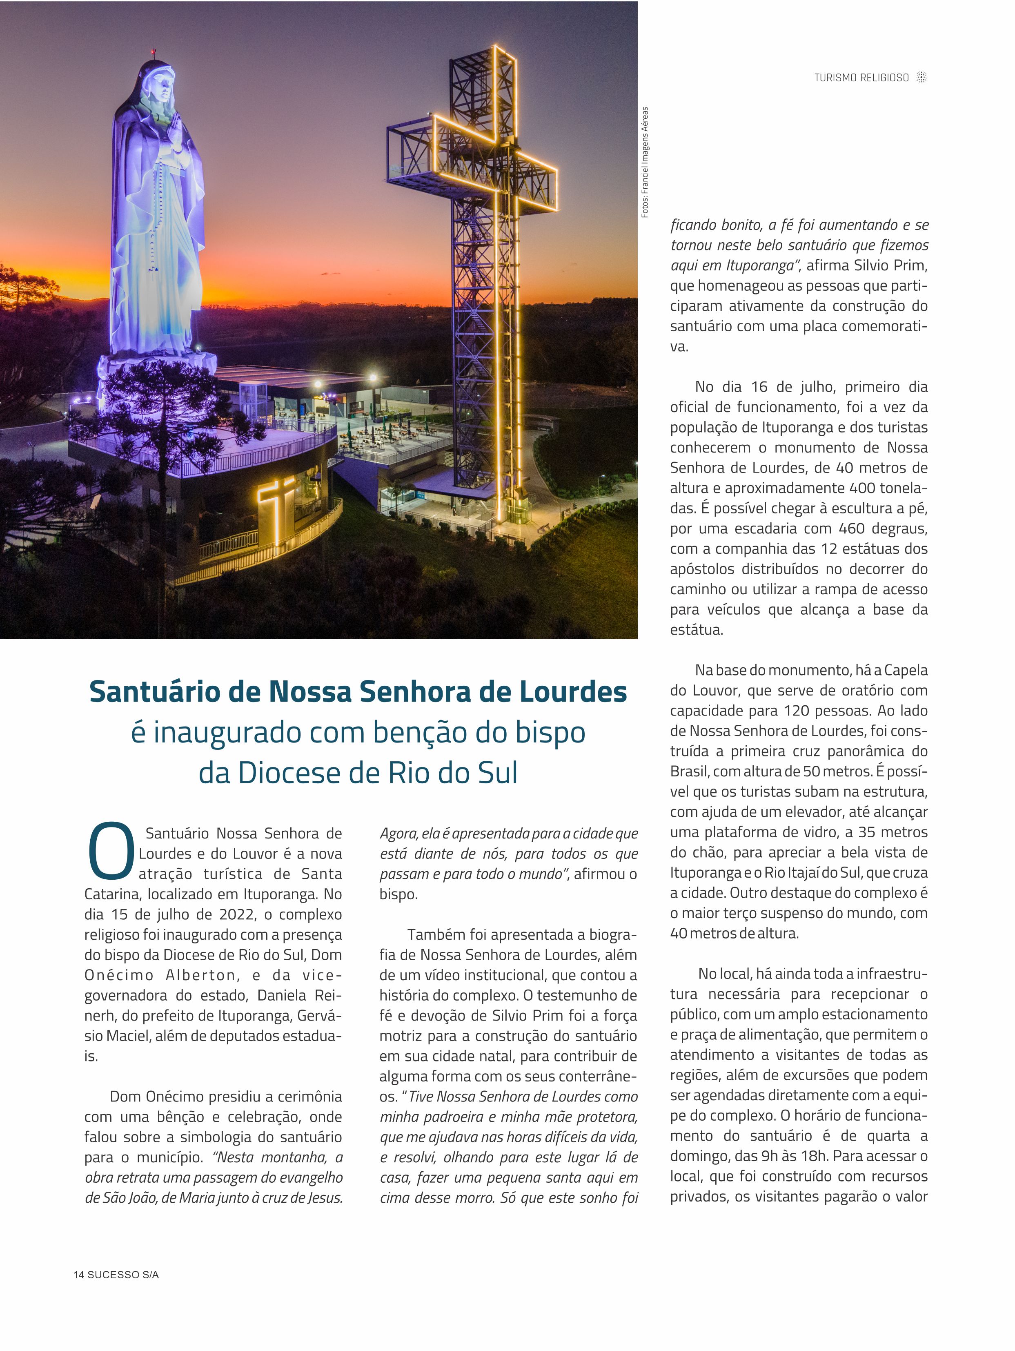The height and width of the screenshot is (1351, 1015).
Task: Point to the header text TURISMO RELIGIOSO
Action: (861, 78)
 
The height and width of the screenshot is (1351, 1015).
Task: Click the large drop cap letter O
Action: (111, 849)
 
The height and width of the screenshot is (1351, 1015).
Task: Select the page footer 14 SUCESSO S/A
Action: (116, 1275)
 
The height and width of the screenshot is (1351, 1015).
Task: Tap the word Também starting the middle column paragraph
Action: (435, 934)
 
